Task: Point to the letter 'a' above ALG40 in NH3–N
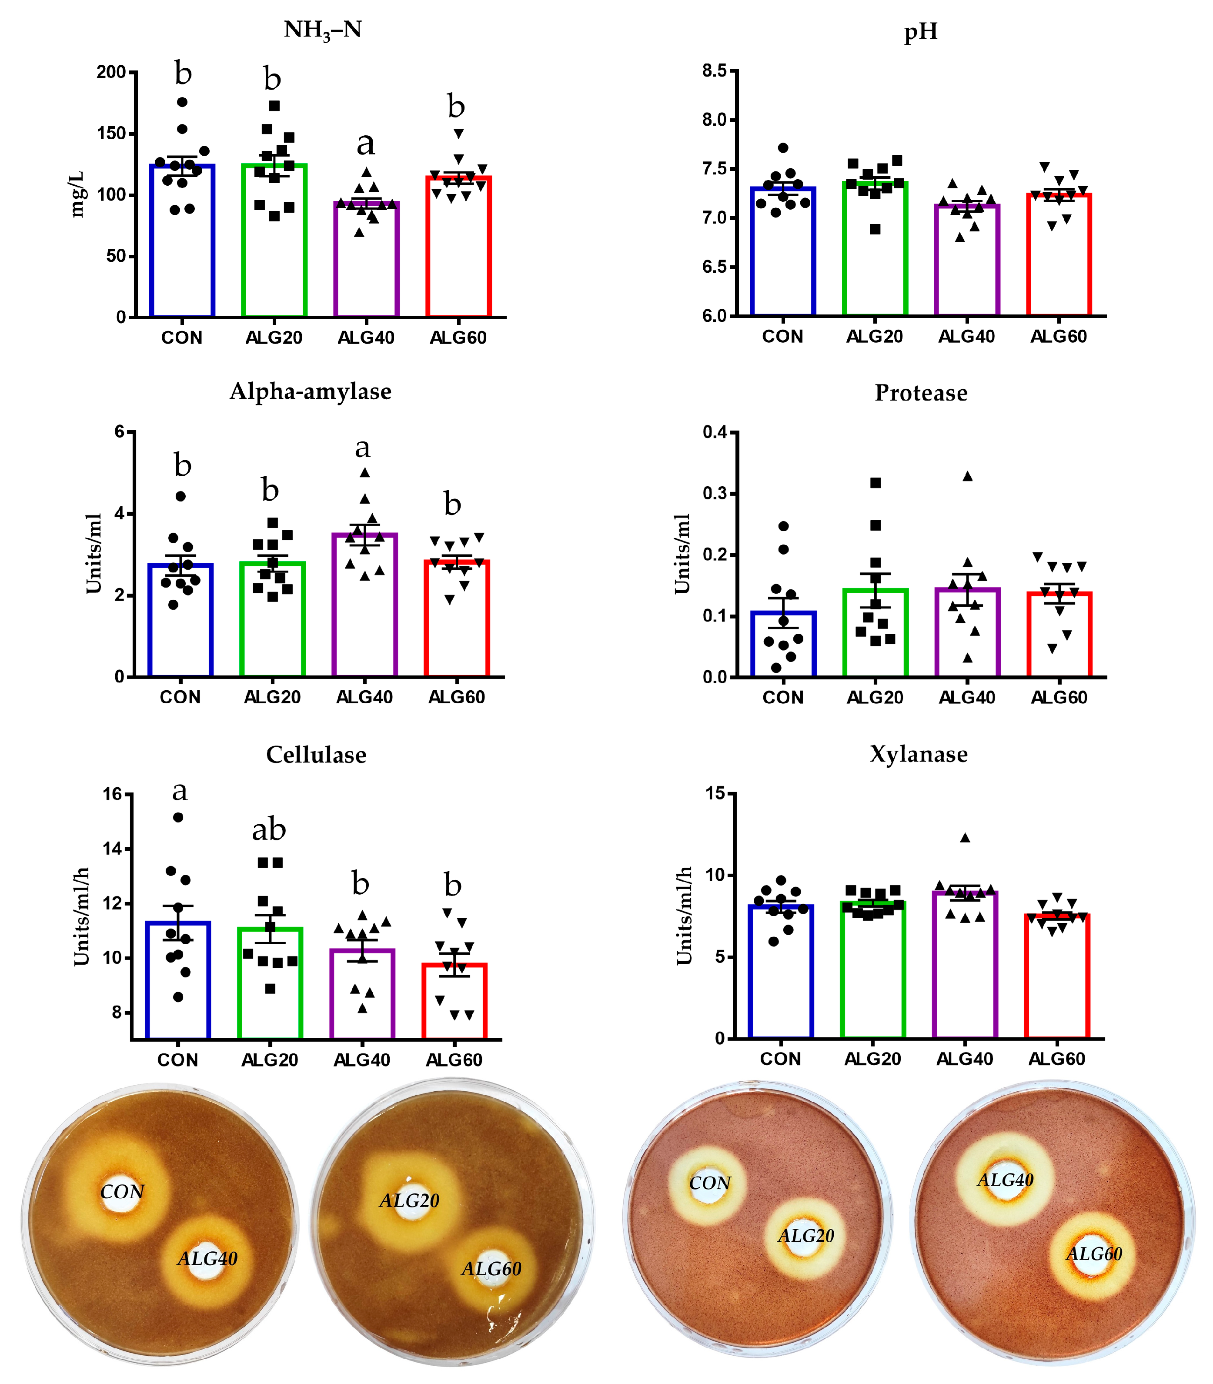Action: (x=365, y=144)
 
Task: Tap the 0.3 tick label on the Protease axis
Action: (x=715, y=493)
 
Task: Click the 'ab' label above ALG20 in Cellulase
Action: (x=269, y=830)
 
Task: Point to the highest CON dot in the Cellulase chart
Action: (x=178, y=817)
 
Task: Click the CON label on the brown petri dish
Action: (x=123, y=1192)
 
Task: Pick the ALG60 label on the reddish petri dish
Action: (x=1094, y=1254)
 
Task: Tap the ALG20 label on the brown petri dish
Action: (x=409, y=1200)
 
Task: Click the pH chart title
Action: (x=921, y=32)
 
